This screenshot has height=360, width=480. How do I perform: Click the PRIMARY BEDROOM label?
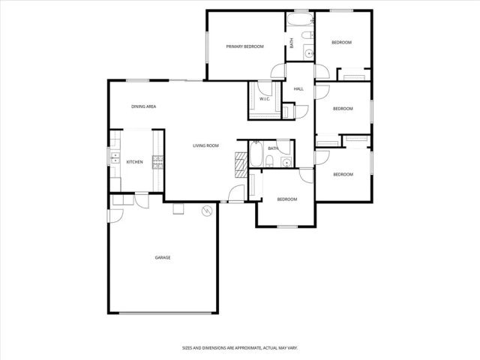click(245, 46)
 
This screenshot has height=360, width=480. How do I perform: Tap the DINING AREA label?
click(143, 106)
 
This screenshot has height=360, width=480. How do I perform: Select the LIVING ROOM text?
click(205, 145)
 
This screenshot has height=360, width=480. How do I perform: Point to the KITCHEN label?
click(134, 162)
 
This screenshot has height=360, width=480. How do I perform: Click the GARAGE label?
click(163, 257)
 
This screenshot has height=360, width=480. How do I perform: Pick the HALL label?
click(298, 88)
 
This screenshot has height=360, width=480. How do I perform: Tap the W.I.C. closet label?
click(265, 99)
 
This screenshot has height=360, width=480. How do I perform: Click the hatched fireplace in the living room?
click(241, 161)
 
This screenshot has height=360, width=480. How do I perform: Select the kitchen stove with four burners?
click(158, 161)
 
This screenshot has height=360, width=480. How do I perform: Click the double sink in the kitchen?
click(115, 157)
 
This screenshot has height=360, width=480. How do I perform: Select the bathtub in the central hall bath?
click(256, 155)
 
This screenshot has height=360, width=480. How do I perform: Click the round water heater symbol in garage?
click(205, 212)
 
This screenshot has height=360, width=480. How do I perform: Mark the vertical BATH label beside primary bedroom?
click(292, 43)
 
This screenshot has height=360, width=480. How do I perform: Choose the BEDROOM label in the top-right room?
click(341, 43)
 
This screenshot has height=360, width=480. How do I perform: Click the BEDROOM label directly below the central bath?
click(287, 199)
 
